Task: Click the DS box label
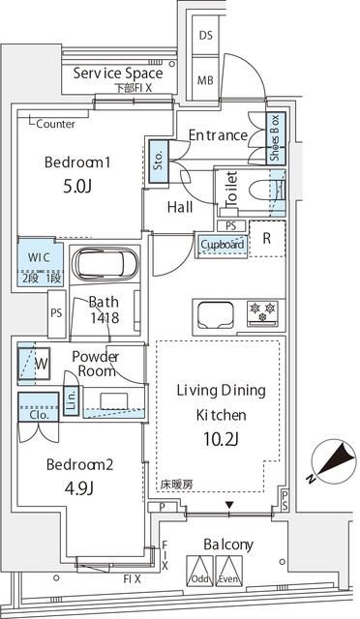(x=206, y=36)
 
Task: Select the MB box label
(x=206, y=79)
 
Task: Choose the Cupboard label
(x=223, y=245)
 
